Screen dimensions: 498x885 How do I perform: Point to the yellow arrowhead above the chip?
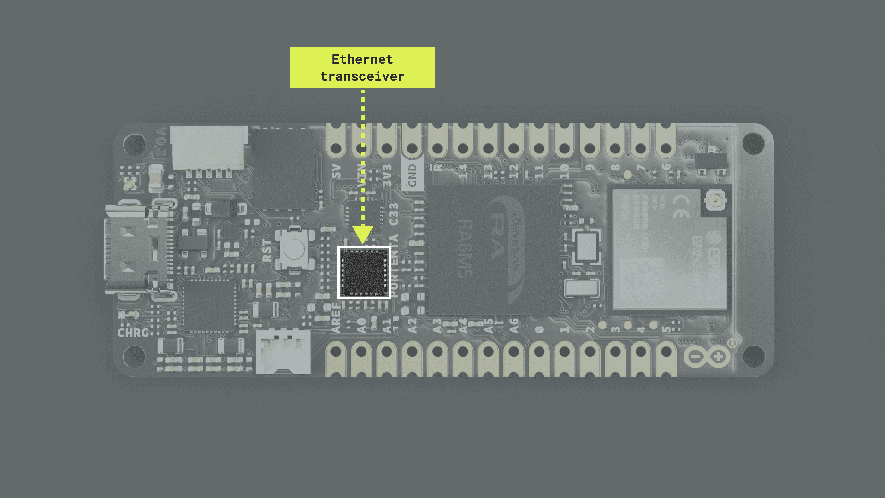363,234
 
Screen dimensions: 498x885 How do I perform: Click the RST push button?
294,249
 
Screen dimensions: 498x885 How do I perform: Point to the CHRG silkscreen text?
133,332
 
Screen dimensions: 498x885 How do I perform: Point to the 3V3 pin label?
387,175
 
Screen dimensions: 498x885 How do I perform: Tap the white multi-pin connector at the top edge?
209,148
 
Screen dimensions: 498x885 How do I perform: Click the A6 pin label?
514,326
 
